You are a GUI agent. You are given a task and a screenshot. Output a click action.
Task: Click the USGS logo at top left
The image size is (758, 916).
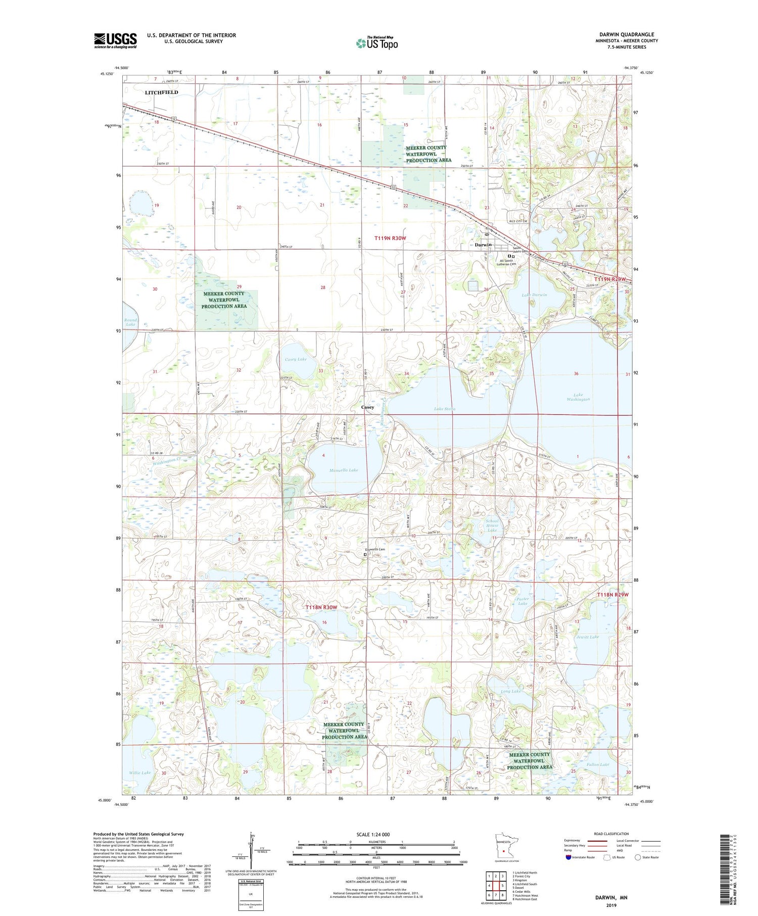click(x=115, y=40)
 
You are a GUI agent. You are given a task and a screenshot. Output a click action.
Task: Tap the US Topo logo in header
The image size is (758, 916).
click(x=377, y=43)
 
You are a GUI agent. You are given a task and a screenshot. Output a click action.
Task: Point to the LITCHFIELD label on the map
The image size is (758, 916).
click(x=161, y=92)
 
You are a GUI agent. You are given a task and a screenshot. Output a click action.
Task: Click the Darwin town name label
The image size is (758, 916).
click(x=484, y=245)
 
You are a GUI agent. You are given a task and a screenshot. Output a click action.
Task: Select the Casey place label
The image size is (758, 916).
click(x=367, y=407)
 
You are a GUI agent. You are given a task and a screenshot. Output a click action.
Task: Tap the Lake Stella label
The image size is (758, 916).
click(x=445, y=409)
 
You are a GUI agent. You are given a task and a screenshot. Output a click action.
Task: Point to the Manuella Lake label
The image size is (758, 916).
click(x=344, y=470)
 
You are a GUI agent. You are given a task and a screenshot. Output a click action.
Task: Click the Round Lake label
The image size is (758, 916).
click(x=130, y=322)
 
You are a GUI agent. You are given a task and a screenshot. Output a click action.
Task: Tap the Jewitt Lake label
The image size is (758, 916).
click(x=587, y=637)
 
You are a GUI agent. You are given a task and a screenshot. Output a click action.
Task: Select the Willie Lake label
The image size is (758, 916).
click(x=139, y=773)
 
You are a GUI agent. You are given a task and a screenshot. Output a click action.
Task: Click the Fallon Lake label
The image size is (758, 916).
click(x=598, y=764)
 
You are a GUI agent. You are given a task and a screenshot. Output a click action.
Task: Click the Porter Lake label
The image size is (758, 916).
click(x=523, y=601)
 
